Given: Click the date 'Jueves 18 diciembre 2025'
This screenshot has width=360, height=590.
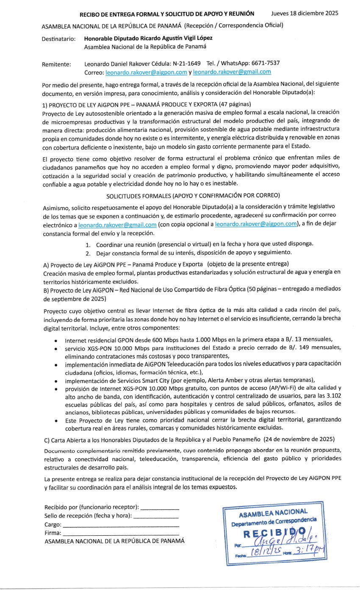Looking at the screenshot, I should pos(305,14).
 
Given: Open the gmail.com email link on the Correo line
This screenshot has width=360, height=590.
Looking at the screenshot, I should pos(232,72).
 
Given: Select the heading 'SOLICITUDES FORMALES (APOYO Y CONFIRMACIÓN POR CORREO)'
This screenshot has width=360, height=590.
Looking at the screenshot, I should pos(193,196).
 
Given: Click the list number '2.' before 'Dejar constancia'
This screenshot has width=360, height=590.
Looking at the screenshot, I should pos(88,253).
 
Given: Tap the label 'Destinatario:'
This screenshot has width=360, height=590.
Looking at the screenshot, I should pos(58,39).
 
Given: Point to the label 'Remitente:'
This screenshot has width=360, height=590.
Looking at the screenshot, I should pos(56,64).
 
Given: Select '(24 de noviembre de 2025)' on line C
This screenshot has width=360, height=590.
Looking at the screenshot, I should pos(299,439).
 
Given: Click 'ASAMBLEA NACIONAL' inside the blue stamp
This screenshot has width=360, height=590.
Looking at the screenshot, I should pos(273,512).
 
